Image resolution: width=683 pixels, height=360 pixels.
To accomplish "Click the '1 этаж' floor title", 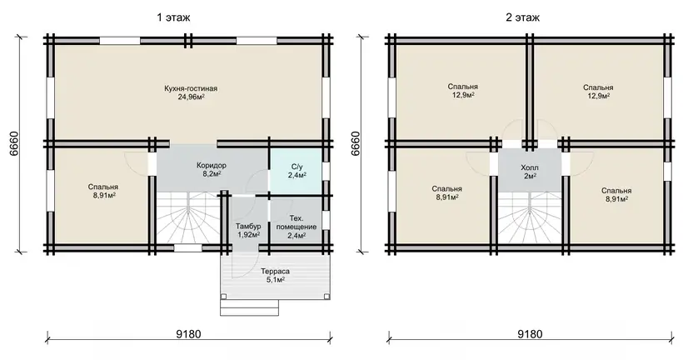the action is point(174,17).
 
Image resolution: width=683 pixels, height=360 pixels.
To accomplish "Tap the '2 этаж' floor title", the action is point(522,17).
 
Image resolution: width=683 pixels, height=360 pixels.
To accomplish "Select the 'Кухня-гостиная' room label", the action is point(191,88).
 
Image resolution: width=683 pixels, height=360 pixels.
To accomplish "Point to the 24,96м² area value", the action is point(191,97).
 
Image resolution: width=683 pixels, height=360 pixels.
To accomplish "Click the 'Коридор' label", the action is point(212,166).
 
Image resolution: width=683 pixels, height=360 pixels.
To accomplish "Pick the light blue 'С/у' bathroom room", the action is point(297,170).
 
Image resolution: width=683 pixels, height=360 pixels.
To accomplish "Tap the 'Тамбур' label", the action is point(248,226).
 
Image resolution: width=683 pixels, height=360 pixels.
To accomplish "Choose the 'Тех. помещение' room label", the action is point(297,222).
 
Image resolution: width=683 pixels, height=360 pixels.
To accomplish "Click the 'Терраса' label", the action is point(276,272).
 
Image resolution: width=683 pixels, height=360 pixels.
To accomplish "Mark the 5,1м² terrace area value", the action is point(276,280).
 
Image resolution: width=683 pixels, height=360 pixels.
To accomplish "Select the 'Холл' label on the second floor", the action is point(530,167).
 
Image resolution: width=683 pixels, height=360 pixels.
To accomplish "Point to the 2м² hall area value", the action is point(530,176).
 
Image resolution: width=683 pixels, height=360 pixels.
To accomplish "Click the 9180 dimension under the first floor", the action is point(188,334).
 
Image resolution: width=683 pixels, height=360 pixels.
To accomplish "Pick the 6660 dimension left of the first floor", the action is point(12,144).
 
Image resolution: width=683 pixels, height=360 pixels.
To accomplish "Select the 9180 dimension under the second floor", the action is point(530,334).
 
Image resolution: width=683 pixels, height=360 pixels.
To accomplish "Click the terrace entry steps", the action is point(250,307).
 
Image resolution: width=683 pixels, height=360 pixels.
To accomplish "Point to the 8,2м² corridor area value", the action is point(212,174).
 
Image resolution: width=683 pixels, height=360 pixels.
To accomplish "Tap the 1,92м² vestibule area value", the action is point(248,234).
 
